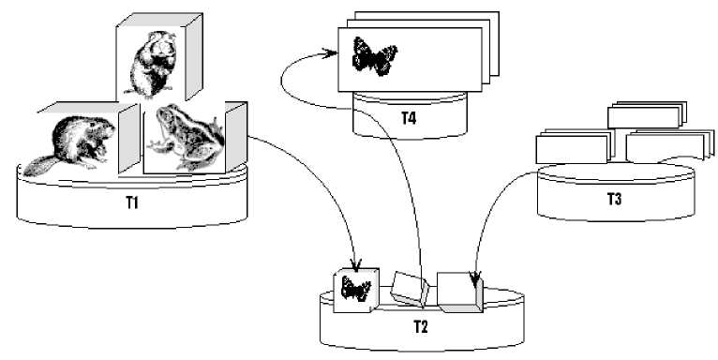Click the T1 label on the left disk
tap(132, 202)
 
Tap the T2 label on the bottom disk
tap(420, 326)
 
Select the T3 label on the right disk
tap(614, 200)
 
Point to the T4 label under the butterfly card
tap(409, 118)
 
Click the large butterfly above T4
tap(374, 56)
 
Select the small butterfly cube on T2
tap(356, 291)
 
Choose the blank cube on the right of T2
tap(459, 292)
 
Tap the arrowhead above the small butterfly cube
tap(356, 263)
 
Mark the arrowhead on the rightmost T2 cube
tap(475, 277)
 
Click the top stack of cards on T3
tap(647, 114)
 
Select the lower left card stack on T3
tap(575, 147)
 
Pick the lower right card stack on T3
tap(669, 145)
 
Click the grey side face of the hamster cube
tap(194, 57)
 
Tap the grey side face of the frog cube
tap(236, 136)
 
